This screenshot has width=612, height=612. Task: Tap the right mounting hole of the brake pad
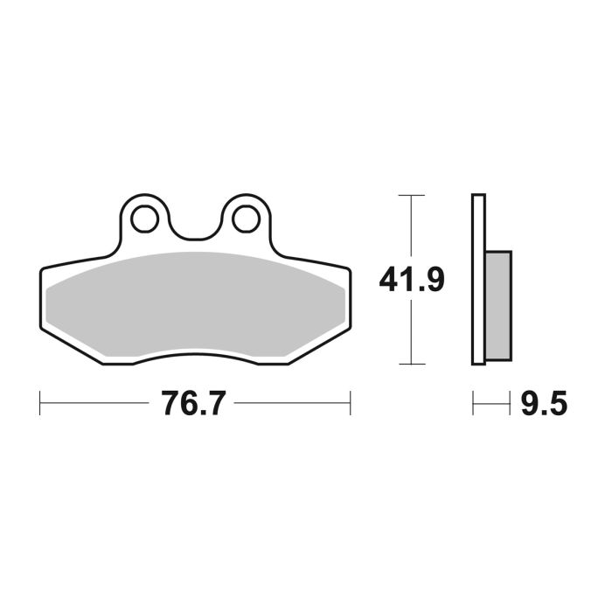click(245, 217)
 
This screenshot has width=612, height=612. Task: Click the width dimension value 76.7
click(193, 404)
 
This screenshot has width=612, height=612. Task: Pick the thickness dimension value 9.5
click(543, 404)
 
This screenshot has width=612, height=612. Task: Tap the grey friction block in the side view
click(497, 305)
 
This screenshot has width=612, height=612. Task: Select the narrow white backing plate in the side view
click(476, 280)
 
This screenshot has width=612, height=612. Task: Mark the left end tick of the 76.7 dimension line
click(41, 404)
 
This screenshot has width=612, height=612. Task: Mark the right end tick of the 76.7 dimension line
click(350, 404)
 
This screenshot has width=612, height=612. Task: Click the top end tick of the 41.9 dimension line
click(410, 195)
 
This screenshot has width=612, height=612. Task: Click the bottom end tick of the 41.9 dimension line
click(410, 364)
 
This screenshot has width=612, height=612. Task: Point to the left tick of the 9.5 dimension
click(473, 404)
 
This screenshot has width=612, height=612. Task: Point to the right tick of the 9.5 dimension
click(511, 404)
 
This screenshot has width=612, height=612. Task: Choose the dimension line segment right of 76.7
click(293, 404)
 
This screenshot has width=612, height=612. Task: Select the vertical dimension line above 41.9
click(410, 227)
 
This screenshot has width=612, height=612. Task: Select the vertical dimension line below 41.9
click(410, 332)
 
